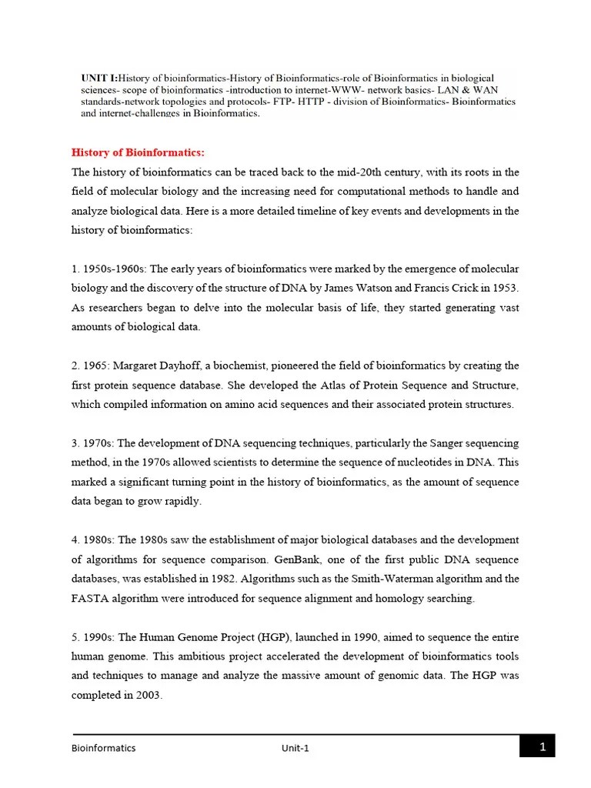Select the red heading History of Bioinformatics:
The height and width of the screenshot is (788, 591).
[138, 152]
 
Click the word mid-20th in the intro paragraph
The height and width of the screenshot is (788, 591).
[389, 172]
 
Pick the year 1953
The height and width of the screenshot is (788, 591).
[504, 288]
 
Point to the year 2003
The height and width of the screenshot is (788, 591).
[146, 695]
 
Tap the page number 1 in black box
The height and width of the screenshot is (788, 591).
[542, 746]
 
